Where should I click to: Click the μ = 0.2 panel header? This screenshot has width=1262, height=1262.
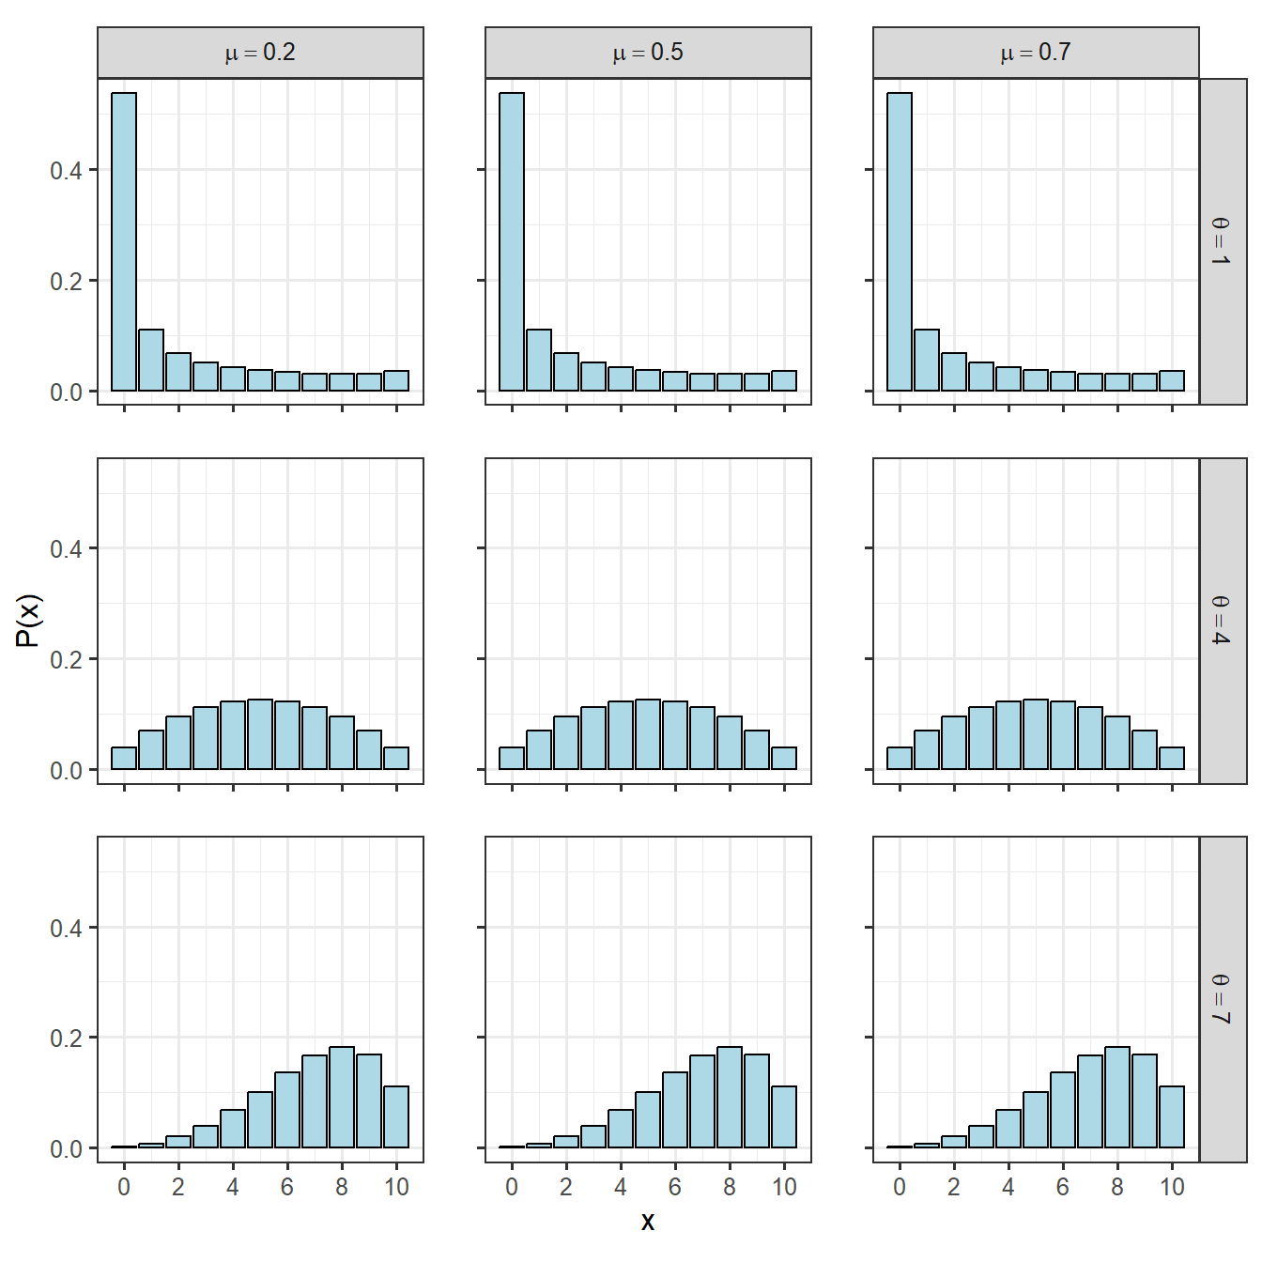(x=260, y=53)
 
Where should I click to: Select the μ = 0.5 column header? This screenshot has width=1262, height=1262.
(x=648, y=53)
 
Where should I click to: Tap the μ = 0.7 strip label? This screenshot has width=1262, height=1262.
(x=1036, y=53)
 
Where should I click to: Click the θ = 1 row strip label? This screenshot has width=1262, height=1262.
(x=1222, y=241)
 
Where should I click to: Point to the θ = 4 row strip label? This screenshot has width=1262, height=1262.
(x=1222, y=620)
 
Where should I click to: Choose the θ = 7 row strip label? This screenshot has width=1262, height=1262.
(x=1222, y=999)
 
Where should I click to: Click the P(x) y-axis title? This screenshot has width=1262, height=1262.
(x=29, y=621)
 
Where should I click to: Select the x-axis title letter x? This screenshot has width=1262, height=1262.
(x=648, y=1222)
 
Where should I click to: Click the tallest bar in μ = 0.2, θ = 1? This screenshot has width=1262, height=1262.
(x=124, y=242)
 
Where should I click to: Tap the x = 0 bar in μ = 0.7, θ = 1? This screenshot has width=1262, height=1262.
(x=900, y=242)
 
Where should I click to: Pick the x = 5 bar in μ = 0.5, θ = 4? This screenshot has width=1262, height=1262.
(x=648, y=734)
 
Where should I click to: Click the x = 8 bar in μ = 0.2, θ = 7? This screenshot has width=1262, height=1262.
(x=342, y=1097)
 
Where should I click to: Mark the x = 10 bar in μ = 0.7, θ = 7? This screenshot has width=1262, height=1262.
(x=1172, y=1116)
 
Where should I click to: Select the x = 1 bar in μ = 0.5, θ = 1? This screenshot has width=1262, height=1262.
(x=539, y=360)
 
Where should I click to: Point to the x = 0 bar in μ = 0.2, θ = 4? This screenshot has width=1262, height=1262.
(x=124, y=758)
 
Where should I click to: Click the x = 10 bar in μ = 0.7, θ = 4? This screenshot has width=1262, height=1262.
(x=1172, y=758)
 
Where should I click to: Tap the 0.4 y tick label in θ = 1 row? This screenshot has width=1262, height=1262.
(x=66, y=171)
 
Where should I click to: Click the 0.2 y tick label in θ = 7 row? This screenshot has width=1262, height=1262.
(x=66, y=1039)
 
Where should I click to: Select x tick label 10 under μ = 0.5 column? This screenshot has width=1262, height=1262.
(x=784, y=1188)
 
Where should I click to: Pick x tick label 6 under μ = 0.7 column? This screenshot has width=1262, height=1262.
(x=1063, y=1188)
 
